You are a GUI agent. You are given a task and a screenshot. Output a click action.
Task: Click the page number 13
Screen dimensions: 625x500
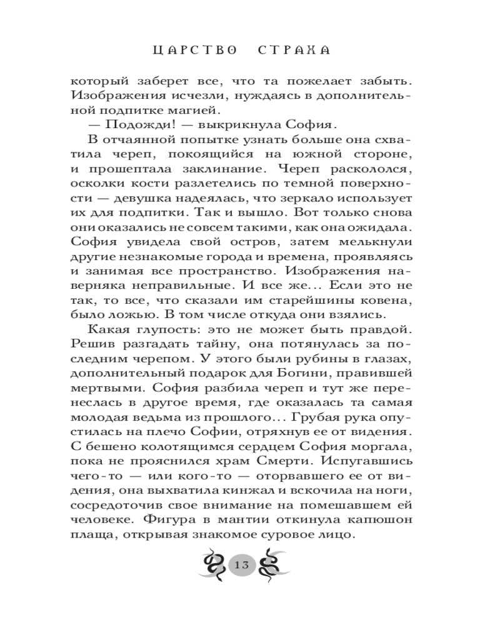tap(242, 565)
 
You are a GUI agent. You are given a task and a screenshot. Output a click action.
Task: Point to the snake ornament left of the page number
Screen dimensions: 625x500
tap(213, 564)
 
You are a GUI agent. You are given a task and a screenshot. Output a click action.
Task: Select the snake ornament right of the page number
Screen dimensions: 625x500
tap(271, 564)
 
